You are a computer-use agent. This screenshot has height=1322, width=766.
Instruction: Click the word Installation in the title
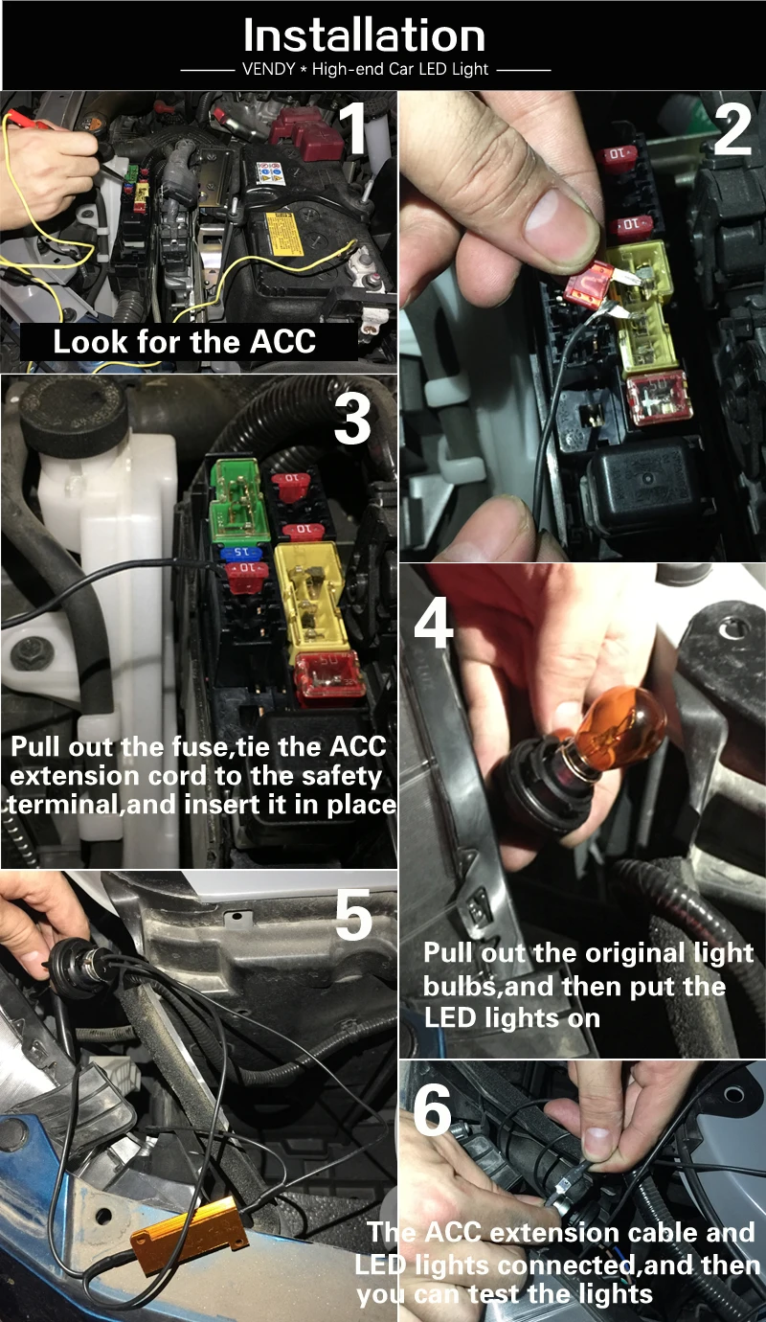click(x=364, y=35)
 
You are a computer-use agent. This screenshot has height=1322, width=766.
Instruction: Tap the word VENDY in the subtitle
click(x=268, y=69)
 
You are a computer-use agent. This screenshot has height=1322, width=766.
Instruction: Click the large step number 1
click(x=354, y=127)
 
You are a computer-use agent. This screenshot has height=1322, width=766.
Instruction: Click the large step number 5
click(x=354, y=915)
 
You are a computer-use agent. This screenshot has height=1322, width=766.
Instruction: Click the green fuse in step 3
click(x=236, y=500)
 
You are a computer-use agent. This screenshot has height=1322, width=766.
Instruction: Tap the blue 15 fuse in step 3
click(x=240, y=553)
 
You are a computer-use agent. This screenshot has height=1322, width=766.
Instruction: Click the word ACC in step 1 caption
click(x=282, y=342)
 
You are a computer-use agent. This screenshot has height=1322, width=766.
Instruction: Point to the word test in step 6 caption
click(x=493, y=1294)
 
